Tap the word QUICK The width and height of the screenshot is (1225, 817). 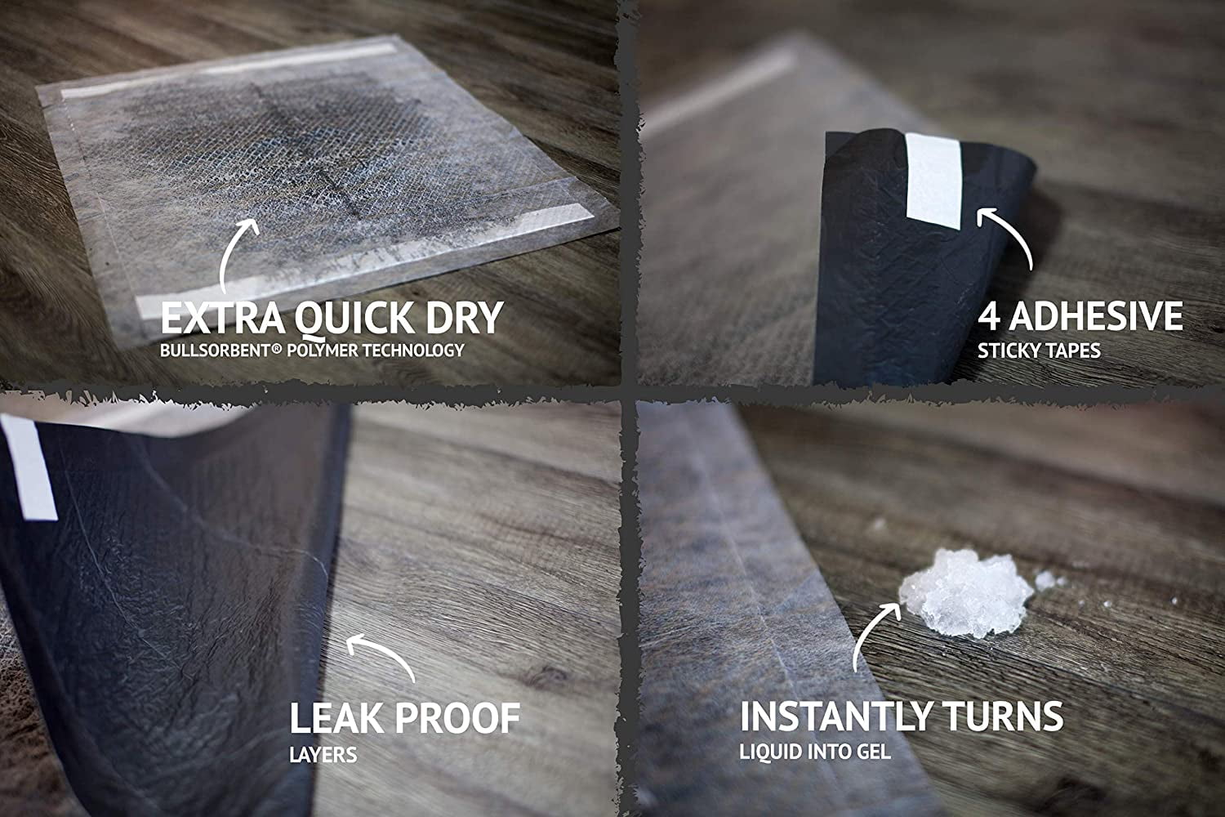coord(354,319)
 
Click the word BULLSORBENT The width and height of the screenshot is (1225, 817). coord(216,350)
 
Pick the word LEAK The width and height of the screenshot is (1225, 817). coord(336,717)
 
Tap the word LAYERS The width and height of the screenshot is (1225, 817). coord(323,755)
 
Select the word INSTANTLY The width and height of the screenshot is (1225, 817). coord(835,715)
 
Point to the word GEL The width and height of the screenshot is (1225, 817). coord(875,752)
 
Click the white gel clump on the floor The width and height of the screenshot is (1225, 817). coord(966,593)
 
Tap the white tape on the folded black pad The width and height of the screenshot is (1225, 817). coord(933,181)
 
